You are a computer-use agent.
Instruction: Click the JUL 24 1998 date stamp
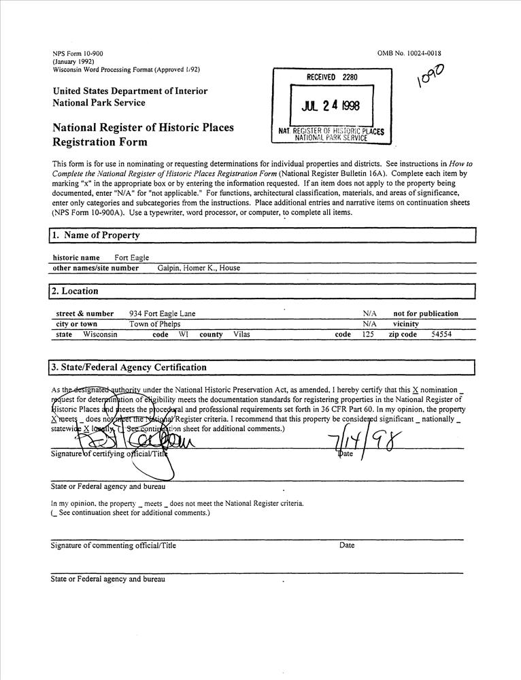[331, 105]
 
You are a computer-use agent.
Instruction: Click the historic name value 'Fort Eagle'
[131, 258]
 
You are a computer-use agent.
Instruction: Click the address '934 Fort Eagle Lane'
[162, 313]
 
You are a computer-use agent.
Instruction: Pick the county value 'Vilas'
[241, 335]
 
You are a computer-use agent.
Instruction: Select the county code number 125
[367, 335]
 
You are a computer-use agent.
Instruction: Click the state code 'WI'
[184, 335]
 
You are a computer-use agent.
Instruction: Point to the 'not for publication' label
[426, 313]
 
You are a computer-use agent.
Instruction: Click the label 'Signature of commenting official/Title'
[113, 545]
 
